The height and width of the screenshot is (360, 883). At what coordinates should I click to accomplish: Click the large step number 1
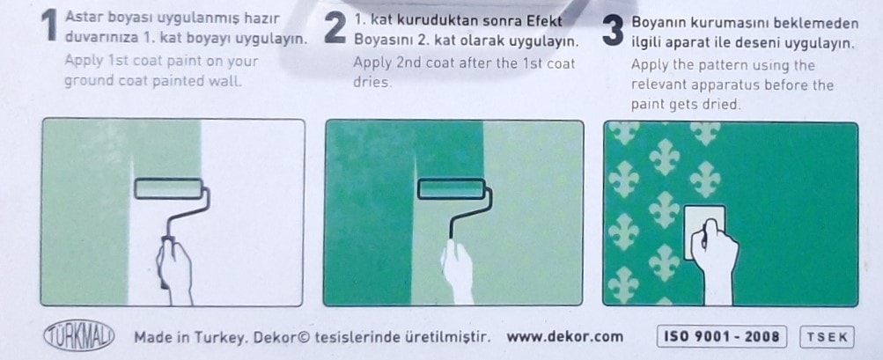(50, 26)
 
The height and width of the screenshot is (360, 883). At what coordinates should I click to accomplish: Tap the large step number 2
(335, 28)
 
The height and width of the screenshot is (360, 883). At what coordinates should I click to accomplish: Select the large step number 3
(613, 30)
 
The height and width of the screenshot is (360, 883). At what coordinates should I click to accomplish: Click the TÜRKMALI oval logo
(79, 337)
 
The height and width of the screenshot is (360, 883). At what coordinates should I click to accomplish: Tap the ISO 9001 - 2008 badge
(721, 337)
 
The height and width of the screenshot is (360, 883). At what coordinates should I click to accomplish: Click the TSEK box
(827, 337)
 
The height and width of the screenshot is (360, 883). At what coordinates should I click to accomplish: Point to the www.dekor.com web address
(565, 337)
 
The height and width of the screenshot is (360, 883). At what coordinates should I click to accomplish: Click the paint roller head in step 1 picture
(168, 188)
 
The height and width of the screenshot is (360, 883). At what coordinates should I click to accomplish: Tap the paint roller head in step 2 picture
(451, 188)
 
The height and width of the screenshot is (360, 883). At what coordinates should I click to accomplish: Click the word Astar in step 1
(82, 18)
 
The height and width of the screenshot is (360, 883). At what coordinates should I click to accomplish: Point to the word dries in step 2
(372, 82)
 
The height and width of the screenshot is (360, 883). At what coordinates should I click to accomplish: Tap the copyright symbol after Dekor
(303, 337)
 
